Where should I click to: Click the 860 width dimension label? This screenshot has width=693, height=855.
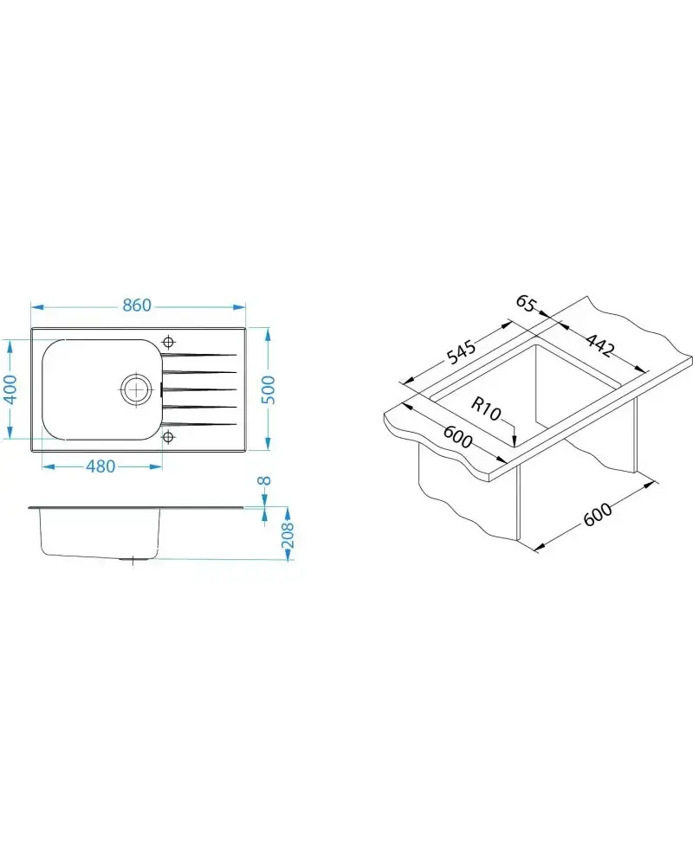[136, 305]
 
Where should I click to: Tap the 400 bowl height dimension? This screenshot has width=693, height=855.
[11, 388]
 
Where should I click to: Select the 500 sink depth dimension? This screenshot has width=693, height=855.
[269, 389]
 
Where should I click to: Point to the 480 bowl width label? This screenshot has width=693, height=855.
[101, 466]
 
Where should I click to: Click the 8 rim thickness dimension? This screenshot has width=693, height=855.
[264, 480]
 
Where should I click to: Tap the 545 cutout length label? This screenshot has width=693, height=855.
[461, 351]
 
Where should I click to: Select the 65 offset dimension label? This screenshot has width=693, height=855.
[525, 304]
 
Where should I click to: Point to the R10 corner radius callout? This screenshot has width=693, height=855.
[485, 409]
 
